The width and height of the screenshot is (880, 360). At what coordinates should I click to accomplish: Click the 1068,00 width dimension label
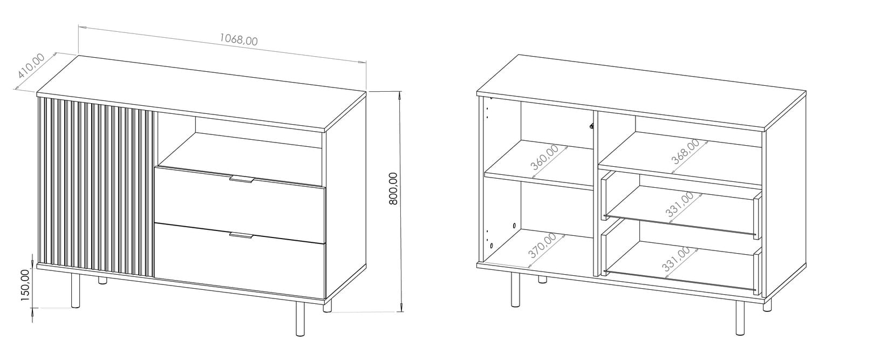coord(238,39)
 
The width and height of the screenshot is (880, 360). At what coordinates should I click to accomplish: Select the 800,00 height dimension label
coord(393,188)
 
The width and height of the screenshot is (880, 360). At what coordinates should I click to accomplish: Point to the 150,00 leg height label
coord(25,285)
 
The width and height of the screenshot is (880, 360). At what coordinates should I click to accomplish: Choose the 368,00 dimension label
coord(685,151)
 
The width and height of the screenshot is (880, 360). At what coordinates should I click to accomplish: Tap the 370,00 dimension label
coord(542,245)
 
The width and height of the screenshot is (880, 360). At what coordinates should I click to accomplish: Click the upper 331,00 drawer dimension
coord(680,205)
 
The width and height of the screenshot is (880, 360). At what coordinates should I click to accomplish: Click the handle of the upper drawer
coord(242,180)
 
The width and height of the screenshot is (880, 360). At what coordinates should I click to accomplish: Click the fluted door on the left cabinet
coord(97,187)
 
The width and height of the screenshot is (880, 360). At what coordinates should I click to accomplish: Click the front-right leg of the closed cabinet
coord(300,319)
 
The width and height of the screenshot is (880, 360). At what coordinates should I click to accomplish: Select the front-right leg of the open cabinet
coord(740,318)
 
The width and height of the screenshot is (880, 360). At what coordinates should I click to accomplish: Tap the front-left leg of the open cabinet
coord(515,290)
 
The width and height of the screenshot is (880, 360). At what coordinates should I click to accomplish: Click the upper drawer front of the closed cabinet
coord(240,205)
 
